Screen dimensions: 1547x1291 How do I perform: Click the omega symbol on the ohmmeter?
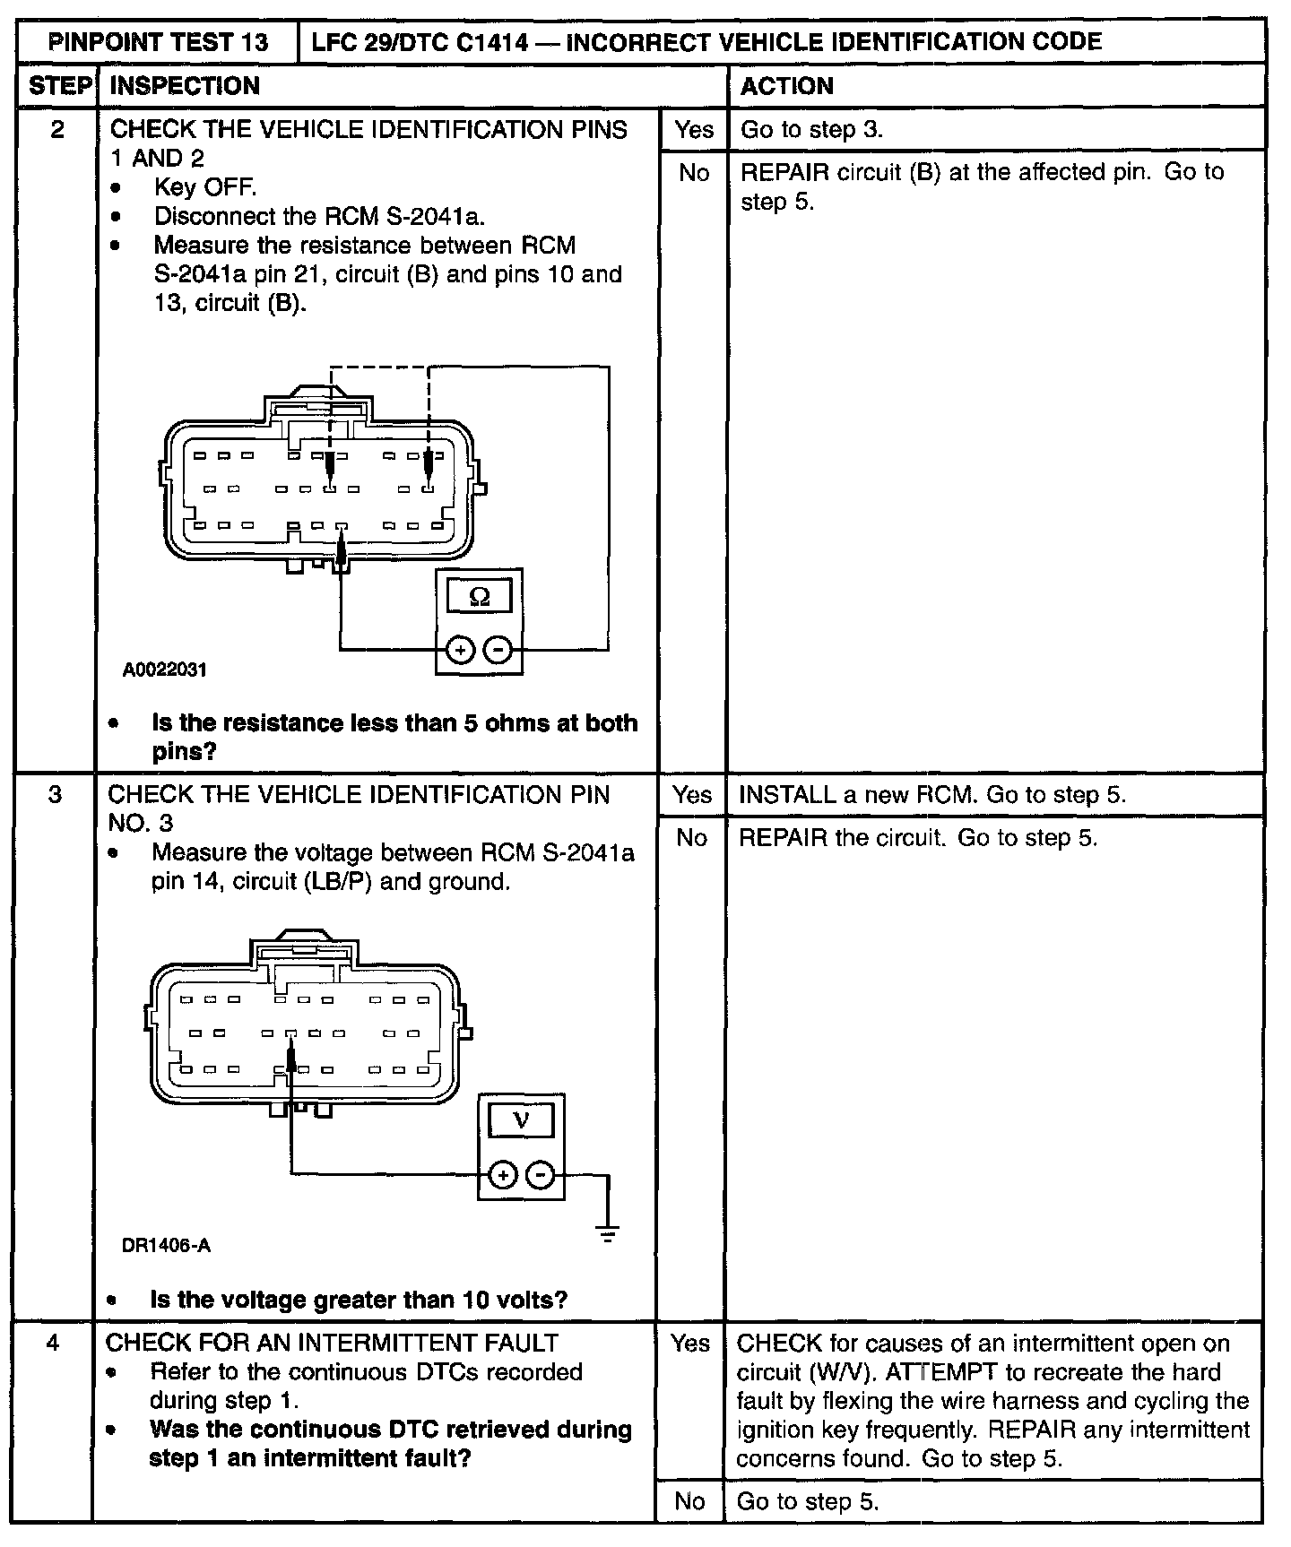click(479, 597)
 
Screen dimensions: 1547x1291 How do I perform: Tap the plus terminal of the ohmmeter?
click(460, 649)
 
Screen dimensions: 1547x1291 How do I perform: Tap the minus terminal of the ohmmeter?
click(499, 649)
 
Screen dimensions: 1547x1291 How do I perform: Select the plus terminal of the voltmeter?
click(503, 1174)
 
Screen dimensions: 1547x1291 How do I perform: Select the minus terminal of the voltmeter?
click(541, 1174)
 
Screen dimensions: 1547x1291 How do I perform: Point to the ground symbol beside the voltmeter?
click(608, 1235)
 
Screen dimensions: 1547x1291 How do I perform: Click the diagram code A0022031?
click(165, 670)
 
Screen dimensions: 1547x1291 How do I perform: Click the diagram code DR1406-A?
click(166, 1246)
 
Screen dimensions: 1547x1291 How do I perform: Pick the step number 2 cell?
click(57, 130)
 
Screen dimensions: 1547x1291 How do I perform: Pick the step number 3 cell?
click(56, 795)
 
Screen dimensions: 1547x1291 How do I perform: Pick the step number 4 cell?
click(54, 1344)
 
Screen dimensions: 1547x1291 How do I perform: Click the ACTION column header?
click(786, 86)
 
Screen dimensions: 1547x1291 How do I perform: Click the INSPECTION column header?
click(185, 86)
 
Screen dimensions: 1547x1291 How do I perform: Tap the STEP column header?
click(59, 86)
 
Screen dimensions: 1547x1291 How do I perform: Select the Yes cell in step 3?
click(692, 795)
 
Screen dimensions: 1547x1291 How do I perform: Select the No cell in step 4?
click(689, 1501)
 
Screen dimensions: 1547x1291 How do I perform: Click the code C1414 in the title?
click(493, 42)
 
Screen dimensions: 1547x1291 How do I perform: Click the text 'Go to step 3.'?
click(811, 130)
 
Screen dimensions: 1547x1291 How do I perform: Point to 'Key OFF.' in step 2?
click(205, 187)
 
